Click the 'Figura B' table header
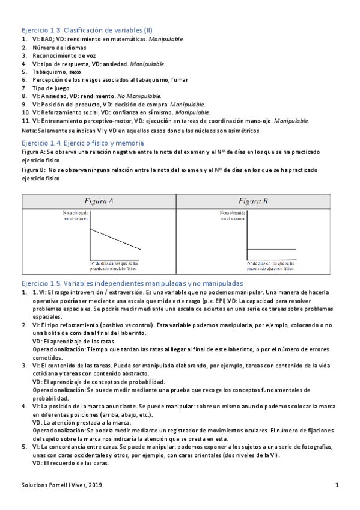(253, 201)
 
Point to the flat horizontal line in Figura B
(271, 249)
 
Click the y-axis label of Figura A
(76, 215)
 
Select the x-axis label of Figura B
(270, 265)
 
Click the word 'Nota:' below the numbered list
(29, 130)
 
